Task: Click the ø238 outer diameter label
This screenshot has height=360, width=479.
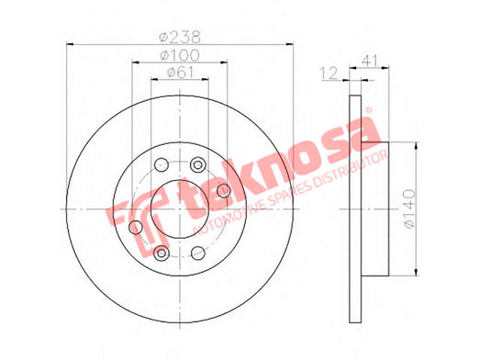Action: click(x=180, y=37)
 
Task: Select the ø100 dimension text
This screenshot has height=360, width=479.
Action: click(x=180, y=55)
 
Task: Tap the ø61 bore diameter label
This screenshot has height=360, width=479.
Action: click(x=181, y=73)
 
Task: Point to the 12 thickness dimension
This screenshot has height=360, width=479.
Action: click(x=329, y=73)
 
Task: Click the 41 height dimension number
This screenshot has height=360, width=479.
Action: click(x=370, y=61)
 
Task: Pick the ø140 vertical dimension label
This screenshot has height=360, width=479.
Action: click(x=409, y=208)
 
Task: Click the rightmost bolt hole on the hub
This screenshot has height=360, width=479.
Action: click(x=224, y=191)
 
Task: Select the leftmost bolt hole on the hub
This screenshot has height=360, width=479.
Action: click(x=136, y=228)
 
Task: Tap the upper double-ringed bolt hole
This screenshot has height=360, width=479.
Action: click(x=198, y=164)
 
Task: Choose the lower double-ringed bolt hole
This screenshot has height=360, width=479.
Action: click(x=162, y=253)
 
